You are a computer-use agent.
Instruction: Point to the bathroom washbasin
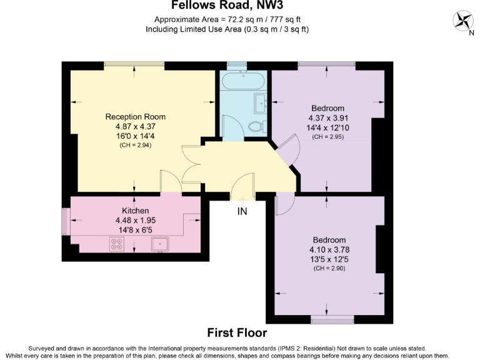click(x=261, y=101)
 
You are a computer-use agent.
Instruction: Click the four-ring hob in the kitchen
click(x=117, y=244)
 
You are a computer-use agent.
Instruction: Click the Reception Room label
click(x=135, y=117)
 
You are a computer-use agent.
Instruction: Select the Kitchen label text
click(x=135, y=211)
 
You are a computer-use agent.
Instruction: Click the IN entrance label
click(x=242, y=211)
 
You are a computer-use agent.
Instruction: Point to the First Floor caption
click(x=237, y=332)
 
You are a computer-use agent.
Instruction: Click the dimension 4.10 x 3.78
click(x=329, y=250)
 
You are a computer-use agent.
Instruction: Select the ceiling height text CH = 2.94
click(x=135, y=145)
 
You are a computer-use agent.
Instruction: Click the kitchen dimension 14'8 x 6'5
click(x=135, y=230)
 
